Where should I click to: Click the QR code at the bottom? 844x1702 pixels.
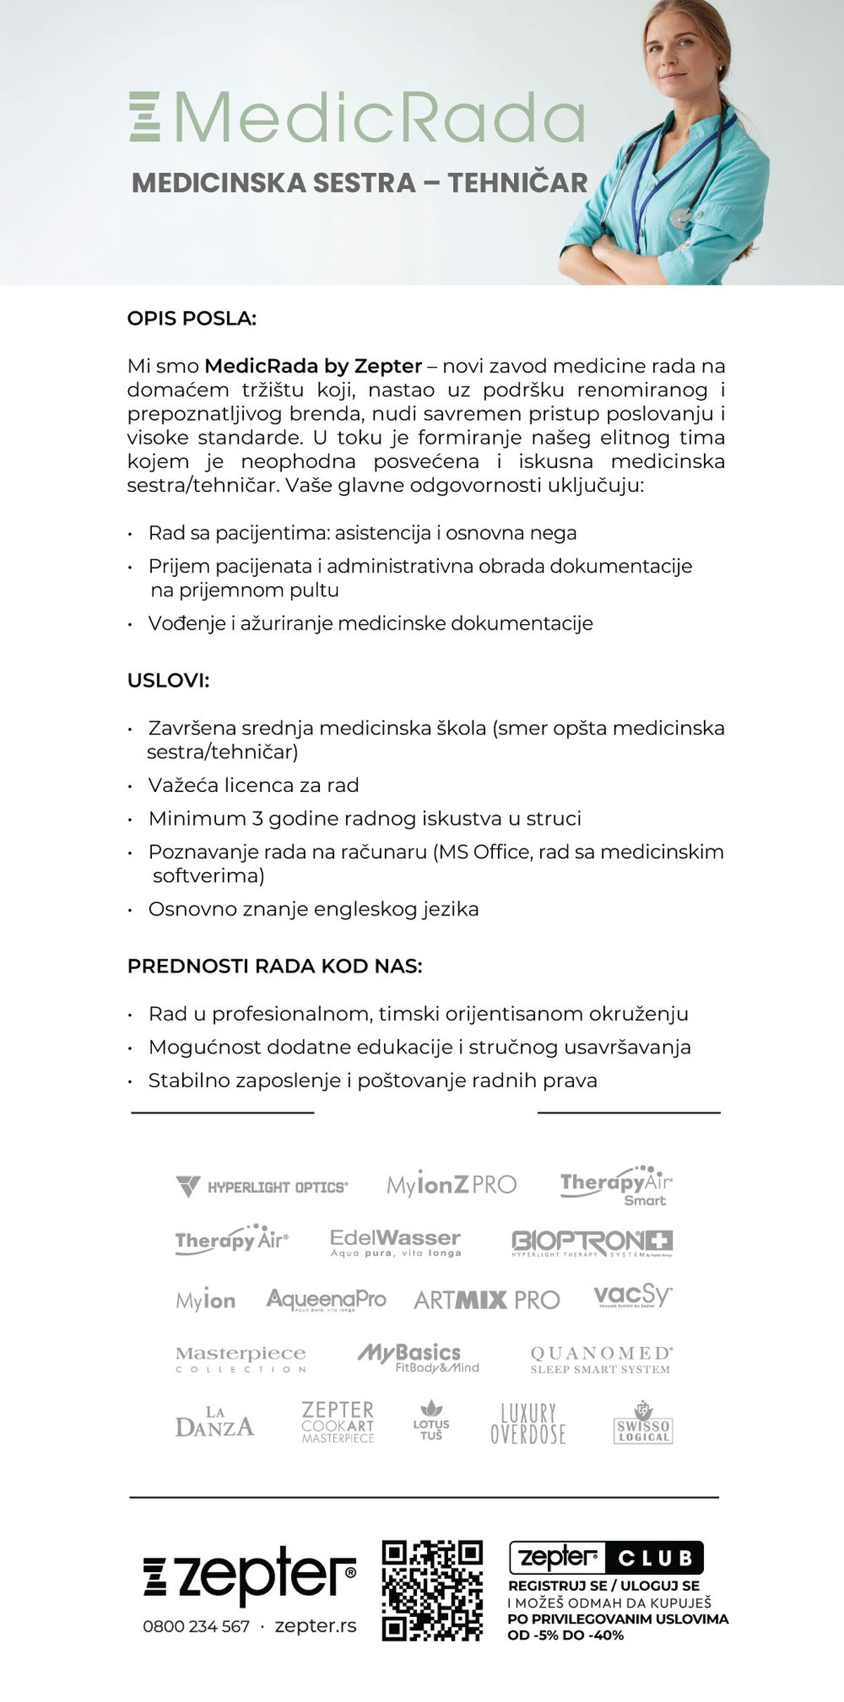click(432, 1590)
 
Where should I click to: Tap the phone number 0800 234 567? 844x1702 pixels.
click(196, 1626)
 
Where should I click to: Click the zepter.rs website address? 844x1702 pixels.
click(315, 1626)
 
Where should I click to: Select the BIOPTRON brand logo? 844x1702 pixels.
click(592, 1242)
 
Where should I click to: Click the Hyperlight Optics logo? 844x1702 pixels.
click(262, 1186)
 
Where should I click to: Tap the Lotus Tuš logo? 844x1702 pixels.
click(431, 1422)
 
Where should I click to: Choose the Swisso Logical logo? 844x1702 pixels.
click(643, 1423)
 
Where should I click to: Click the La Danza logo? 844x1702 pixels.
click(215, 1422)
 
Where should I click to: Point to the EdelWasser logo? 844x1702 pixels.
click(395, 1242)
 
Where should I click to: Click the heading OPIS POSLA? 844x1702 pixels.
click(191, 318)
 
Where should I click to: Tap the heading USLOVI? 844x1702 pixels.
click(168, 680)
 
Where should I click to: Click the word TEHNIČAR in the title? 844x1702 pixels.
click(518, 183)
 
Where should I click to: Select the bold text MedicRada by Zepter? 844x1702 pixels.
click(313, 366)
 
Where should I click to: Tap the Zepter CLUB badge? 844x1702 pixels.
click(606, 1558)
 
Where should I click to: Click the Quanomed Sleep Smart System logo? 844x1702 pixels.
click(601, 1360)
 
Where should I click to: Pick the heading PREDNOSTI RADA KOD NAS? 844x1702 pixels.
click(274, 966)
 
